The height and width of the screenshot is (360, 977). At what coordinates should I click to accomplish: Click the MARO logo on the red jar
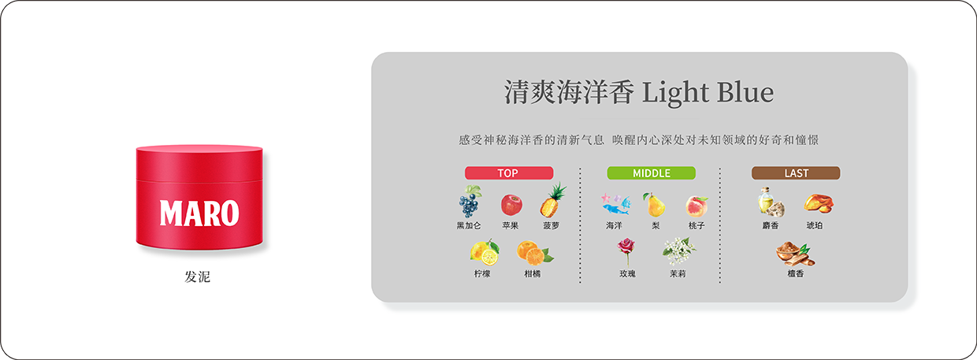199,213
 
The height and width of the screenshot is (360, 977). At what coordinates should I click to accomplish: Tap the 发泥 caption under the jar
197,276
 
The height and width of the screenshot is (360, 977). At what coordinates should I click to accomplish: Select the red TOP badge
509,173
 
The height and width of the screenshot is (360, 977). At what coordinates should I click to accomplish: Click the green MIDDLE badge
651,173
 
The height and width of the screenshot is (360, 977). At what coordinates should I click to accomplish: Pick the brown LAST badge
796,173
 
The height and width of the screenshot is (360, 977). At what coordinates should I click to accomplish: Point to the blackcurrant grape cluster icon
470,202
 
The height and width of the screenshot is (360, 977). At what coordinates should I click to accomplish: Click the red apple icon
511,206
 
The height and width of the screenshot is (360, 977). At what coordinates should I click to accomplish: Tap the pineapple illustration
552,201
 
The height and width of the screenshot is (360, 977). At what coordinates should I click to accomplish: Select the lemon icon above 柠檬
485,252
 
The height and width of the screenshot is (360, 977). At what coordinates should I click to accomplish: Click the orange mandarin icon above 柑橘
535,253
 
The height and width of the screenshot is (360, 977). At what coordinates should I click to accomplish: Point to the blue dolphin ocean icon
616,204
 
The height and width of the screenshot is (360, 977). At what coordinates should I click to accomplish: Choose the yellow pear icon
654,205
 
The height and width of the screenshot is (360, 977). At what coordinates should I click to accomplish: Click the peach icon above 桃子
697,206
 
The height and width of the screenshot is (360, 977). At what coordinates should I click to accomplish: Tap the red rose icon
626,251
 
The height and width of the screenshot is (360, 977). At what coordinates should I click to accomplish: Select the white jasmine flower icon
678,251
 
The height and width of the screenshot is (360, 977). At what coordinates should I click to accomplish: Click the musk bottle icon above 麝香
771,202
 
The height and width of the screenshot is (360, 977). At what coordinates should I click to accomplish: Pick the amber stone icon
818,203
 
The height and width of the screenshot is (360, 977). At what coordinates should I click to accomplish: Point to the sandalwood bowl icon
795,254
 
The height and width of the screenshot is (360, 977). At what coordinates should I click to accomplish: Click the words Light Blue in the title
708,92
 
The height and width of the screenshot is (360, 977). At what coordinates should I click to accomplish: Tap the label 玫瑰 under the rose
627,273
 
